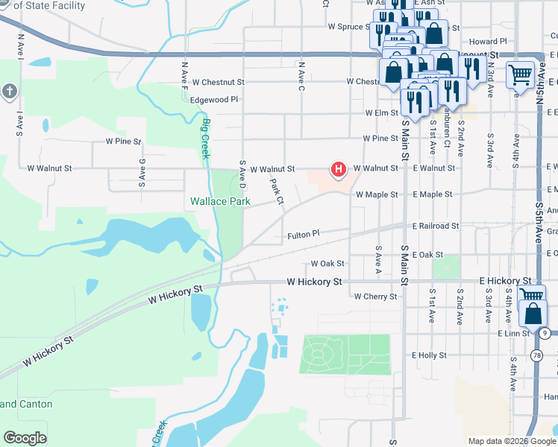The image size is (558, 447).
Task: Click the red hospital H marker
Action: coord(339,170)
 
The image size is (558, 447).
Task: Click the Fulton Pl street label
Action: coord(304,235)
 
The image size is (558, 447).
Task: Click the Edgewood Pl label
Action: coord(214,99)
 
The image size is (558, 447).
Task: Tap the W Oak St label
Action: coord(327,264)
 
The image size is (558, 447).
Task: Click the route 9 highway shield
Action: coord(545,332)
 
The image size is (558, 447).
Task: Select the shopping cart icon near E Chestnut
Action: coord(519,74)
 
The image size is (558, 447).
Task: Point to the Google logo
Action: coord(24,438)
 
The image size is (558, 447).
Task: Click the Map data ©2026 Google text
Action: coord(512,441)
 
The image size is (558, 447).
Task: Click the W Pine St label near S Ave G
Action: coord(123,140)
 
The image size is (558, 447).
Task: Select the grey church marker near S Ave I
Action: coord(9,92)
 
